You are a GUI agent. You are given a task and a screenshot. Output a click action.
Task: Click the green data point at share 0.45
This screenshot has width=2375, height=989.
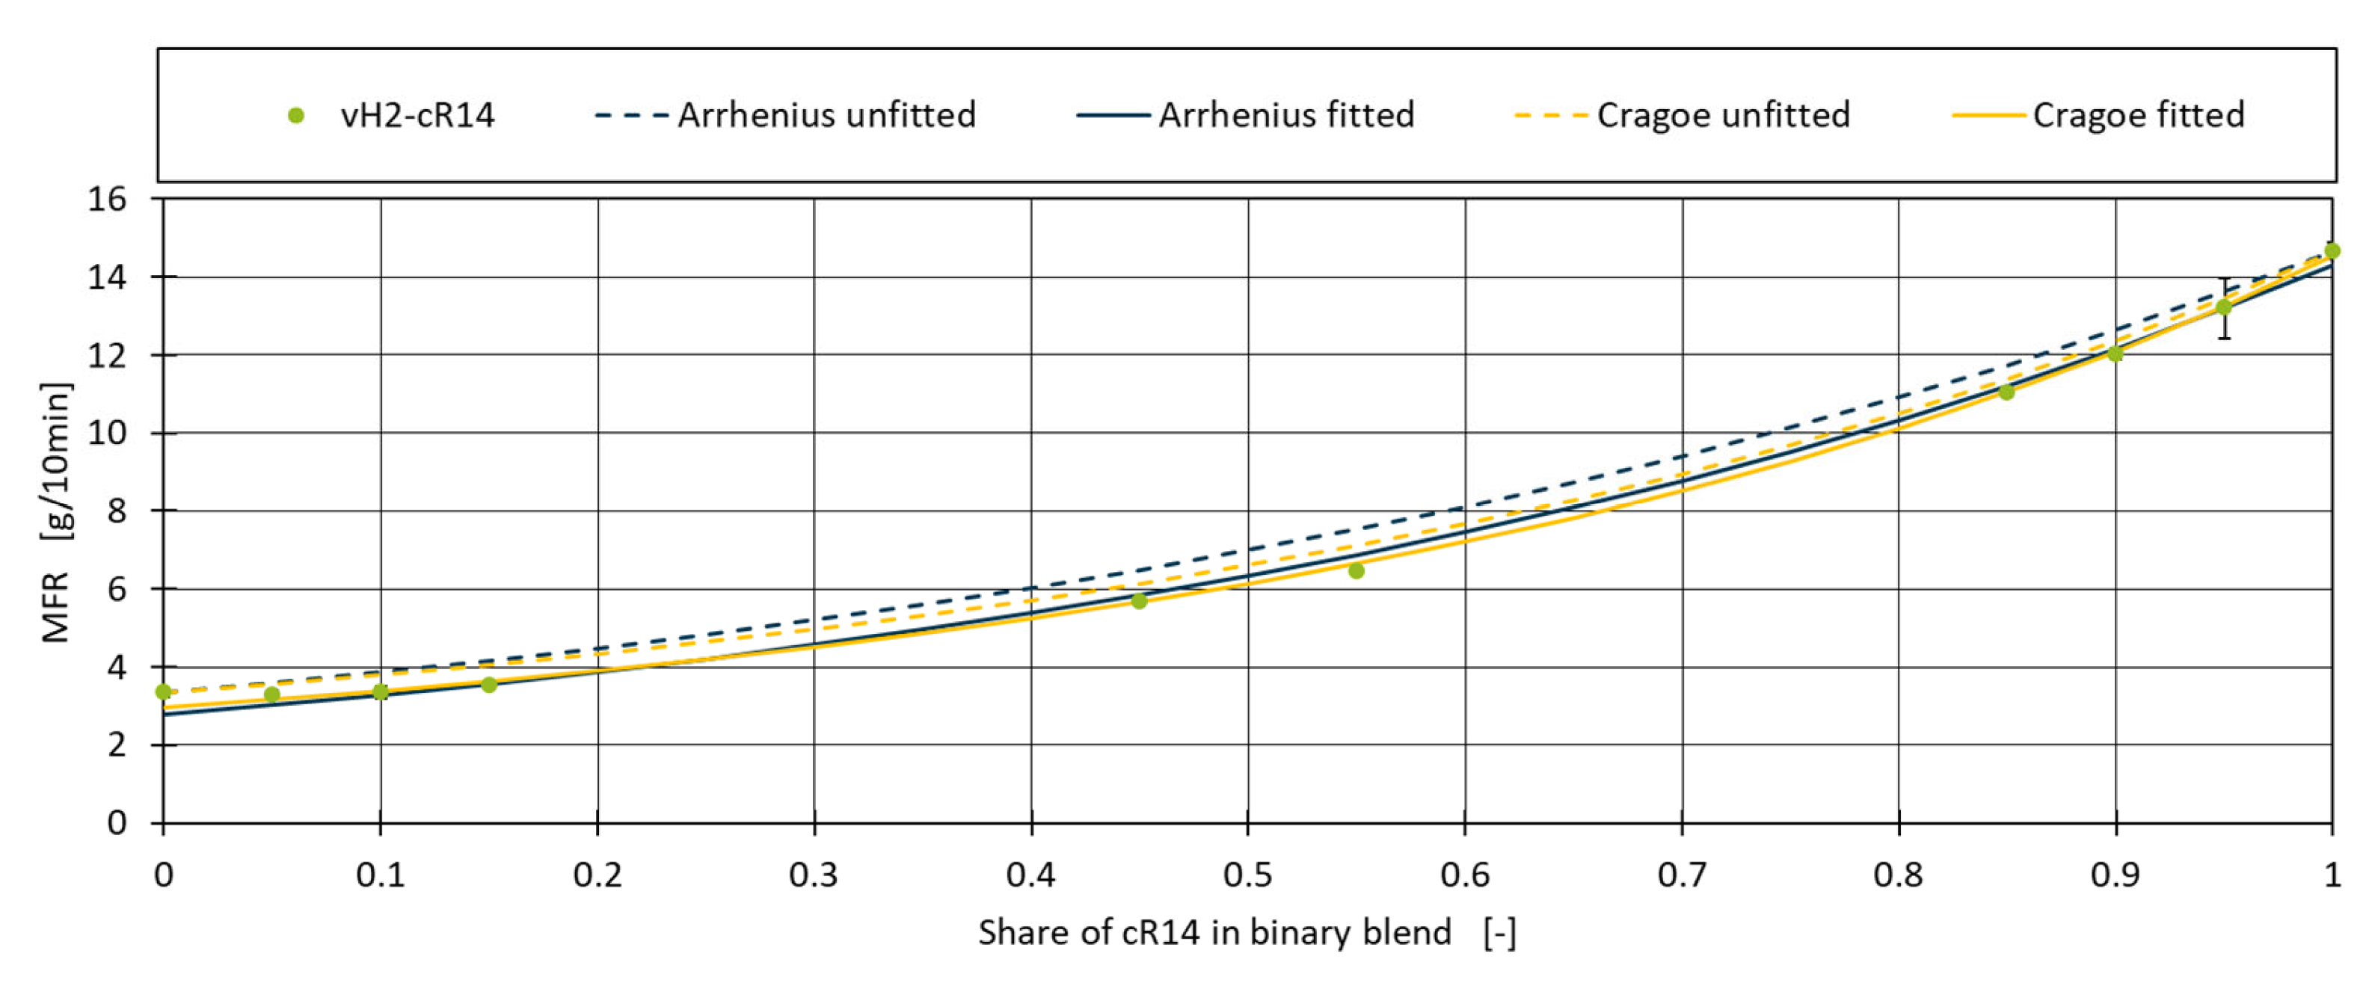pos(1139,601)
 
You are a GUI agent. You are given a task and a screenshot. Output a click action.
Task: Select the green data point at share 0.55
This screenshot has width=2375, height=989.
pos(1357,571)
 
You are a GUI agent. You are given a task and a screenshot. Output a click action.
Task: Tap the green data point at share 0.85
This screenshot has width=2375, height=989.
pos(2006,392)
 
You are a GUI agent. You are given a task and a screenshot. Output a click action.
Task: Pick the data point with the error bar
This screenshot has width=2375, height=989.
pos(2224,307)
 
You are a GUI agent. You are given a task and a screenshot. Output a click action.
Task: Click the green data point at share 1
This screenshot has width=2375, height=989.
pos(2332,250)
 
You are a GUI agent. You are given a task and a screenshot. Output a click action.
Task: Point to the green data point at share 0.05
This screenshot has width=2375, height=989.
pos(272,694)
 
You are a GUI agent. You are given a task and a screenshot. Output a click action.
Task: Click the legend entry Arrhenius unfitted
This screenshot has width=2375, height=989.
pos(826,115)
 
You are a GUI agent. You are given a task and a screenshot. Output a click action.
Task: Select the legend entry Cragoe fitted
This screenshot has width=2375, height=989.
pos(2137,115)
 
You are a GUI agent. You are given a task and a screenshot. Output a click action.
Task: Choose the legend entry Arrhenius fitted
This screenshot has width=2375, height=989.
pos(1285,115)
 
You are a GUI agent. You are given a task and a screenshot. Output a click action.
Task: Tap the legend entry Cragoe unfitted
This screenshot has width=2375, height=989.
pos(1722,115)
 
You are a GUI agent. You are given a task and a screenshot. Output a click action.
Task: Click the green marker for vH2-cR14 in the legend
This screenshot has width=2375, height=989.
pos(296,115)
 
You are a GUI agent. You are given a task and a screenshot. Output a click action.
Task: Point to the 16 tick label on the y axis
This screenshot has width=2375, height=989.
pos(107,199)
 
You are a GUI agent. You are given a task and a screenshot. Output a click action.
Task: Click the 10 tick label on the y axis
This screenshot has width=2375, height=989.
pos(107,434)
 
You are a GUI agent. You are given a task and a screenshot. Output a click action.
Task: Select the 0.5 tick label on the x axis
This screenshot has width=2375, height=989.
pos(1247,875)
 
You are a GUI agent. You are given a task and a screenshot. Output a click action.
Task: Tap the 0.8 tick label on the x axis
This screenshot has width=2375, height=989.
pos(1899,875)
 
